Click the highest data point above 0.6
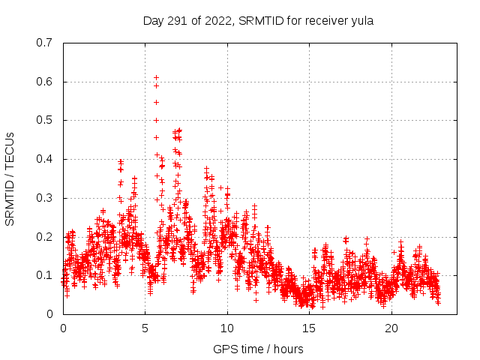156,77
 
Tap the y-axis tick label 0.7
44,43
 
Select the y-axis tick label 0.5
44,120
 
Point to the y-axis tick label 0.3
44,198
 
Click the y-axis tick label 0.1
44,275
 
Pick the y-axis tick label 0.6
44,82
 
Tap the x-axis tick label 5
145,328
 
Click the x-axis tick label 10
227,328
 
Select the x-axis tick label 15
310,328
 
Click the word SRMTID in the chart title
257,20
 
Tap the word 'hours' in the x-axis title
288,349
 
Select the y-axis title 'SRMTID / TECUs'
10,178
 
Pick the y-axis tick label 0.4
44,159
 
